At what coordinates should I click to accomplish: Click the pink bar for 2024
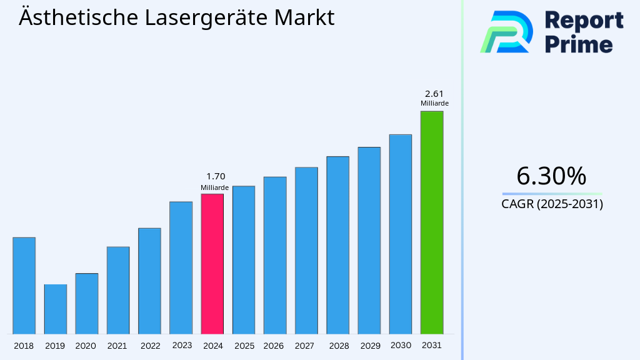pyautogui.click(x=212, y=264)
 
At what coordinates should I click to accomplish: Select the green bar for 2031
pyautogui.click(x=431, y=222)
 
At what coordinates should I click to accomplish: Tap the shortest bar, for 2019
pyautogui.click(x=55, y=309)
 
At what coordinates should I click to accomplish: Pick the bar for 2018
pyautogui.click(x=24, y=286)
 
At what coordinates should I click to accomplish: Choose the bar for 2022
pyautogui.click(x=149, y=281)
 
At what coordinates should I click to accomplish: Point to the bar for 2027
pyautogui.click(x=306, y=251)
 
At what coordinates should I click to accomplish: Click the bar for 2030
pyautogui.click(x=400, y=234)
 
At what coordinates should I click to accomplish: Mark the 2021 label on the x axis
pyautogui.click(x=117, y=346)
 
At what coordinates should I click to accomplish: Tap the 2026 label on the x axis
pyautogui.click(x=274, y=346)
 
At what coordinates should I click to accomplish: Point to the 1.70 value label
pyautogui.click(x=215, y=177)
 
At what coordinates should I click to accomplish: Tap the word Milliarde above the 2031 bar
pyautogui.click(x=434, y=104)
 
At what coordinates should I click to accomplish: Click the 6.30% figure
pyautogui.click(x=551, y=177)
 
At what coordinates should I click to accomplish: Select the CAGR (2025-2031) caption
pyautogui.click(x=552, y=204)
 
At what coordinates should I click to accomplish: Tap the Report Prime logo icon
pyautogui.click(x=506, y=31)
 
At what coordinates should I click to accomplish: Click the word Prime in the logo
pyautogui.click(x=579, y=44)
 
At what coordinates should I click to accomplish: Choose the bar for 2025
pyautogui.click(x=243, y=260)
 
